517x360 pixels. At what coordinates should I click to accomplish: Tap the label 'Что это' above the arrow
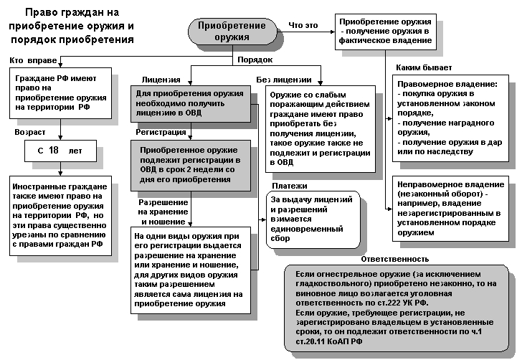tap(303, 25)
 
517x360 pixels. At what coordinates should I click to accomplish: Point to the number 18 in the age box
tap(54, 150)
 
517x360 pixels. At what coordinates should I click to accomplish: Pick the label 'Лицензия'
tap(161, 80)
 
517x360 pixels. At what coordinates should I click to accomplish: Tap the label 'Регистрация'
tap(161, 132)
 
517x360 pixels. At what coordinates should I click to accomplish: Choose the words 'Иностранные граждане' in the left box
tap(57, 186)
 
